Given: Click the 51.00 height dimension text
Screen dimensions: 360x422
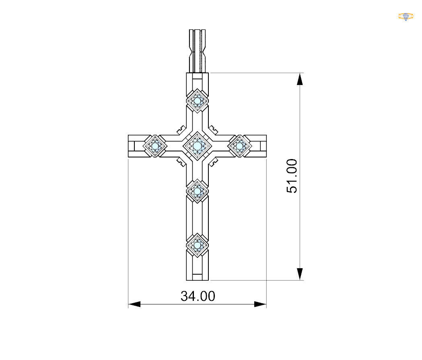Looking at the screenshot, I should pos(292,176).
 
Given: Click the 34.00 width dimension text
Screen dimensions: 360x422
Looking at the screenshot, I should pos(198,296).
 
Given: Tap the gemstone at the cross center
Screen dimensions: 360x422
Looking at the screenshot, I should pos(198,146).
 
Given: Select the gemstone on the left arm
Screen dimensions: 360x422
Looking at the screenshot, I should pos(155,146).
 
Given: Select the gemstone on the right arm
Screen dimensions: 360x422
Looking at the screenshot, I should pos(240,146).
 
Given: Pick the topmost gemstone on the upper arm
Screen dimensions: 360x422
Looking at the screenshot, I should pos(198,101).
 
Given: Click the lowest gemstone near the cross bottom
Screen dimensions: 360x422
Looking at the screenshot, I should pos(198,245).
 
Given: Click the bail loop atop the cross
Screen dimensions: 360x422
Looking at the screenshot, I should pos(198,50).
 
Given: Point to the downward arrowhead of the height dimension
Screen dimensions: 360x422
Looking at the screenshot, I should pos(300,274).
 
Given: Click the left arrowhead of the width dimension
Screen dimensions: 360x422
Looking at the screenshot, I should pos(134,304).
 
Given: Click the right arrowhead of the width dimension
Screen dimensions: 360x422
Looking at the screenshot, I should pos(260,304).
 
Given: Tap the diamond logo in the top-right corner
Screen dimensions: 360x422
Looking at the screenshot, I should pos(406,17).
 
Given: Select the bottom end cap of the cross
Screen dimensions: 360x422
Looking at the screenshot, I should pos(198,276).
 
